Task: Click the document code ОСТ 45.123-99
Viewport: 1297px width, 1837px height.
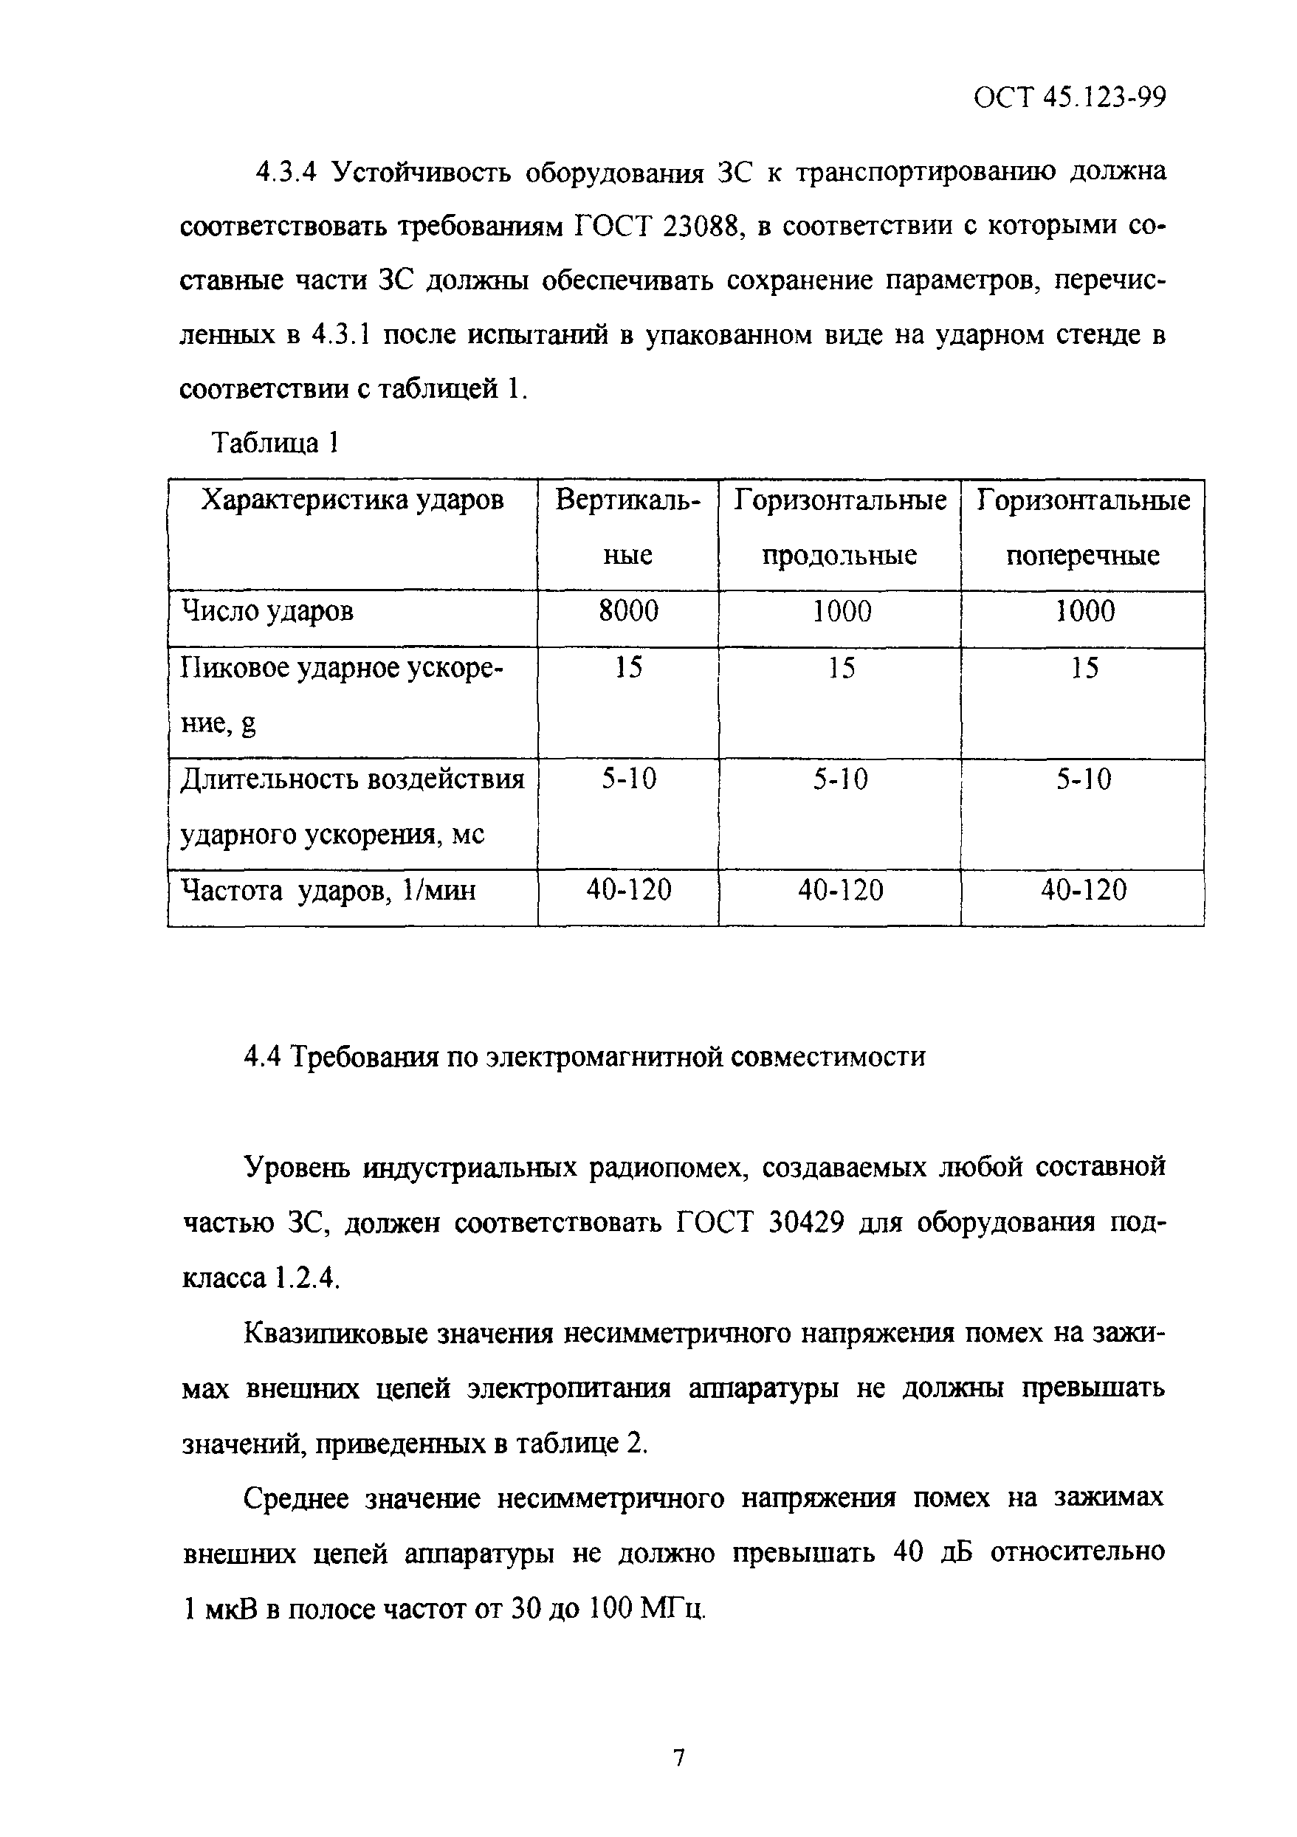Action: [x=1069, y=97]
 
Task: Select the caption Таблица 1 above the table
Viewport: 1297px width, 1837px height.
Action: [x=275, y=442]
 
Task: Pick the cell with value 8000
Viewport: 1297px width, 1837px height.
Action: [x=628, y=611]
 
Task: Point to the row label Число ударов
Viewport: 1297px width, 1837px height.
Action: [x=268, y=612]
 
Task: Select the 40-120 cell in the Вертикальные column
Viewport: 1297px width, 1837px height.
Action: [x=628, y=889]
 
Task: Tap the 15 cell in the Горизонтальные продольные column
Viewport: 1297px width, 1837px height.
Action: [x=840, y=668]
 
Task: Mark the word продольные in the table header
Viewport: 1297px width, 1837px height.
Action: [x=839, y=555]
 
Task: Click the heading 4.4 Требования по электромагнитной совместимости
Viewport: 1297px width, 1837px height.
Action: [x=584, y=1057]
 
